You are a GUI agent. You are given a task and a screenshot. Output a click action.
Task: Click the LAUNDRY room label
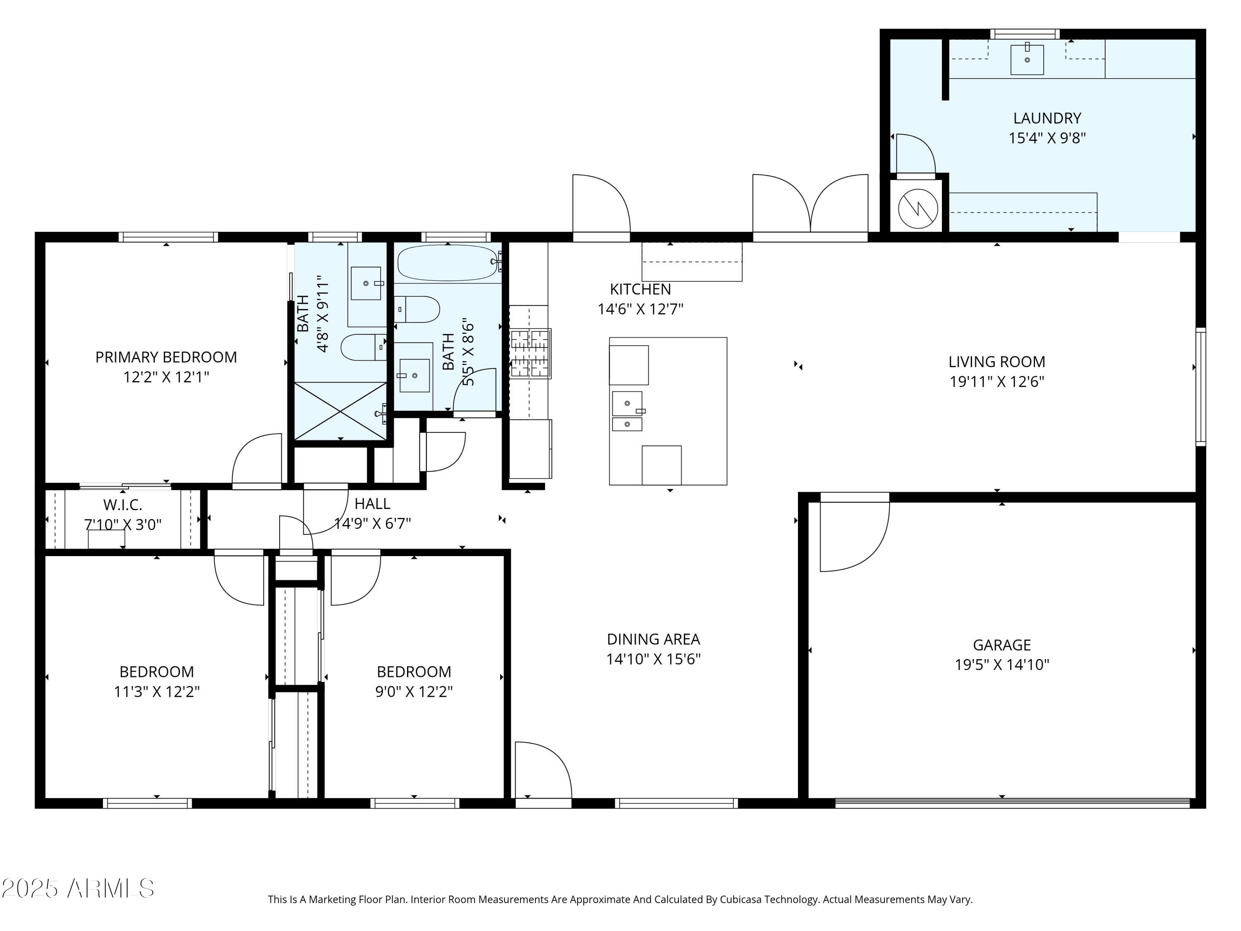1047,118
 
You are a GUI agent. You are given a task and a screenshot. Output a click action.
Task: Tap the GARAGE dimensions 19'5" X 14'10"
1001,665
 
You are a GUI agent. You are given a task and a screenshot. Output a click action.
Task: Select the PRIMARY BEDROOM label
166,357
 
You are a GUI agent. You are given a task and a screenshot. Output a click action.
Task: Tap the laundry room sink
1027,60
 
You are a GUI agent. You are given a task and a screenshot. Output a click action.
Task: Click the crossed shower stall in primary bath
340,411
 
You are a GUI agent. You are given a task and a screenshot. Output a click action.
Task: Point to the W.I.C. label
122,505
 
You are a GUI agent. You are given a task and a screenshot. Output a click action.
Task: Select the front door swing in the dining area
542,770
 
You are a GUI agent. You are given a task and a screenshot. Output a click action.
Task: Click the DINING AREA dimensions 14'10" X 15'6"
653,659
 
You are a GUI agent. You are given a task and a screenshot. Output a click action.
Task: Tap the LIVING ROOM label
997,362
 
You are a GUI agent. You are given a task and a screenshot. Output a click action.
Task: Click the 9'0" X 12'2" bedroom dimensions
414,691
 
